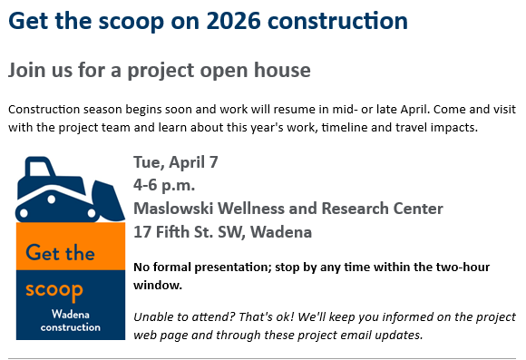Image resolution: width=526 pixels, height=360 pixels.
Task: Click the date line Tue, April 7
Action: (175, 163)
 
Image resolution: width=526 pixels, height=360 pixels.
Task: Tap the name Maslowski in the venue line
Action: (174, 209)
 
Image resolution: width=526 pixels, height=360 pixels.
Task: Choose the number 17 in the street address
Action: (141, 232)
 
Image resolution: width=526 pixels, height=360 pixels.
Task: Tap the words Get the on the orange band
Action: (60, 253)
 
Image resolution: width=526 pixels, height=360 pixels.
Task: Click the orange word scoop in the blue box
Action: (54, 291)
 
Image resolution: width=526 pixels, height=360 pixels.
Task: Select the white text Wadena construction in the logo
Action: (71, 321)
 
